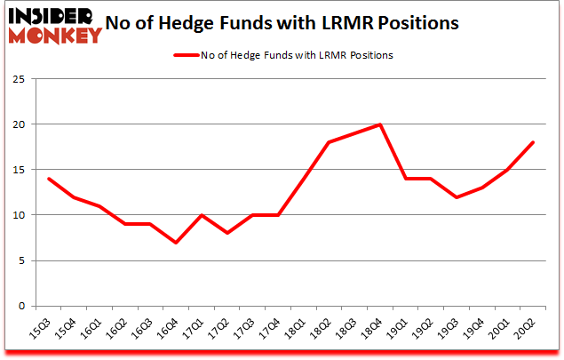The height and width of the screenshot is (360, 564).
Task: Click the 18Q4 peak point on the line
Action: tap(381, 124)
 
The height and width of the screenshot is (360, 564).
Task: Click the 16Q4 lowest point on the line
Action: tap(176, 243)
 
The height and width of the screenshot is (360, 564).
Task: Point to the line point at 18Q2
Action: tap(330, 142)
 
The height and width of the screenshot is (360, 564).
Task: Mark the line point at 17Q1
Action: tap(202, 215)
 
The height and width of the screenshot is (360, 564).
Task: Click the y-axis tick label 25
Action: tap(18, 79)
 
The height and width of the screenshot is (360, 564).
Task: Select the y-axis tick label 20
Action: tap(18, 124)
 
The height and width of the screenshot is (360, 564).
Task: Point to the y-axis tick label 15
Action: tap(18, 170)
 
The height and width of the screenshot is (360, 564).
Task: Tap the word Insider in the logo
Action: tap(52, 15)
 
